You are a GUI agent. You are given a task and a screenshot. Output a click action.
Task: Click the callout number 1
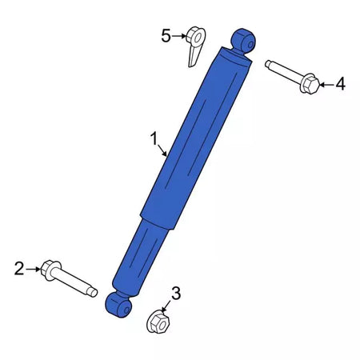[x=154, y=139]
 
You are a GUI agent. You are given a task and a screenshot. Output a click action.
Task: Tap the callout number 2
[x=19, y=269]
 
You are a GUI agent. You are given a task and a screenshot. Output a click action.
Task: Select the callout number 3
[x=176, y=293]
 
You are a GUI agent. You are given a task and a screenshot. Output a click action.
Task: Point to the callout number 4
[x=340, y=83]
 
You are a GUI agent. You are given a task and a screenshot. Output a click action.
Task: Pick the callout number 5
[x=166, y=36]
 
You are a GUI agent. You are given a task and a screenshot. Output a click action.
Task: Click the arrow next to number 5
[x=178, y=36]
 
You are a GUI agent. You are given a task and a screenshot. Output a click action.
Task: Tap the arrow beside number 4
[x=326, y=85]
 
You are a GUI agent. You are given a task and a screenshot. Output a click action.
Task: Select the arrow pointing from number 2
[x=34, y=269]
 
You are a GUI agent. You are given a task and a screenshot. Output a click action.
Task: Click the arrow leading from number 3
[x=166, y=306]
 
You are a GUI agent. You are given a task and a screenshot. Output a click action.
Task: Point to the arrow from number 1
[x=162, y=150]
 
